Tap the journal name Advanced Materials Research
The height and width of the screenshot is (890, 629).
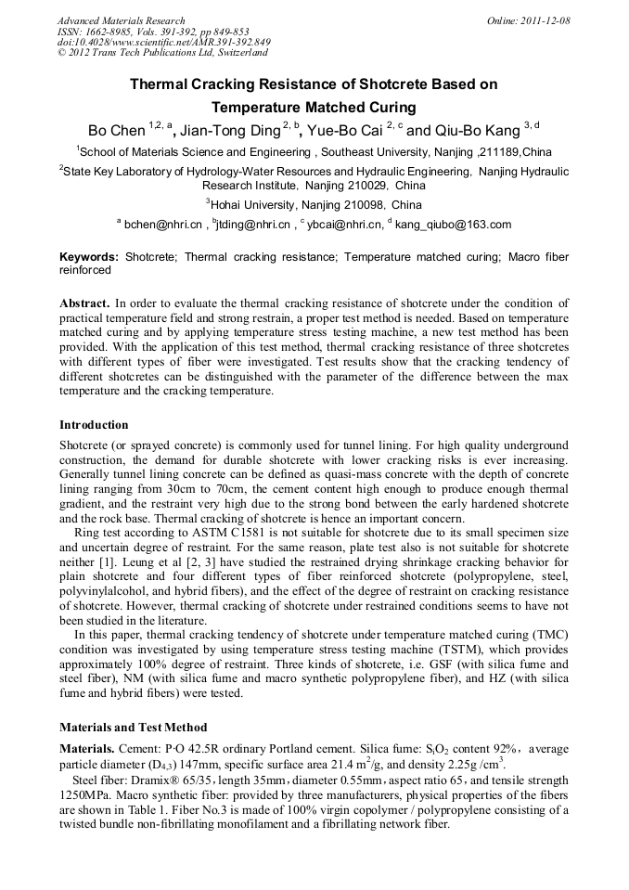pos(121,20)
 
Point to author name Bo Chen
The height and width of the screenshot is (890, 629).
pos(116,130)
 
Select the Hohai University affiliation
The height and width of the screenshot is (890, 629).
pos(314,204)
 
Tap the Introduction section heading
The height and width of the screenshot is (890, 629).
pos(94,425)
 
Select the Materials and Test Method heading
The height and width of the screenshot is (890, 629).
pos(133,727)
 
